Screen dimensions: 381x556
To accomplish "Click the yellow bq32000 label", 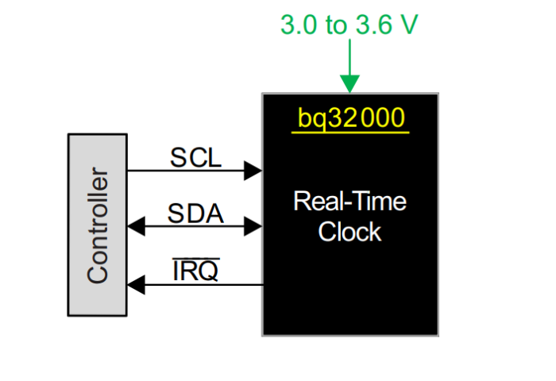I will coord(351,117).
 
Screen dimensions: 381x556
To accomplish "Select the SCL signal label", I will coord(195,157).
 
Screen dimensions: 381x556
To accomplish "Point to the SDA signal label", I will coord(195,214).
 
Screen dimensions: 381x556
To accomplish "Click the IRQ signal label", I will coord(195,271).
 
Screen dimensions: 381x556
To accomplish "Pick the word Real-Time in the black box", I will coord(349,201).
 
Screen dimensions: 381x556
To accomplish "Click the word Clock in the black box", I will coord(349,232).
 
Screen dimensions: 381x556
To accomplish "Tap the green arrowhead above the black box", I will coord(349,83).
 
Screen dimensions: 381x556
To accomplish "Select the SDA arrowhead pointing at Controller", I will coord(136,227).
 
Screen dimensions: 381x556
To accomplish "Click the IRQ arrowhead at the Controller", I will coord(136,283).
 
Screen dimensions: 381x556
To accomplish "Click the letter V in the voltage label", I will coord(408,25).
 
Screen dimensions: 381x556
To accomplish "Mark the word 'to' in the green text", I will coord(335,25).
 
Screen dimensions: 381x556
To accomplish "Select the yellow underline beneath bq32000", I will coord(350,132).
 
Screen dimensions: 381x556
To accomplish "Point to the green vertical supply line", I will coord(349,56).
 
